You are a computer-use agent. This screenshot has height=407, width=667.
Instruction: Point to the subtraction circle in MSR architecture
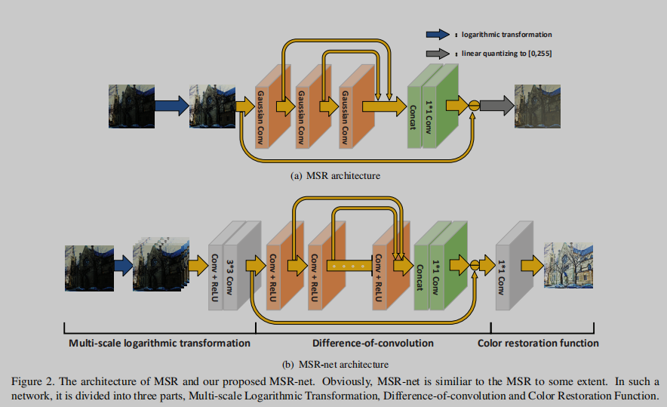click(x=474, y=106)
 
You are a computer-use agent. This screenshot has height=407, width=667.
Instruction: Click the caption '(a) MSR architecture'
click(x=334, y=175)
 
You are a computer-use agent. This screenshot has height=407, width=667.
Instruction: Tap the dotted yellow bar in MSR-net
click(x=348, y=266)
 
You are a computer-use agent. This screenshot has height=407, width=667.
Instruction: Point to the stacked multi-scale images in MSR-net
click(x=158, y=266)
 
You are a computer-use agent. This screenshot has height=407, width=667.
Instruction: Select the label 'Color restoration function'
click(x=539, y=343)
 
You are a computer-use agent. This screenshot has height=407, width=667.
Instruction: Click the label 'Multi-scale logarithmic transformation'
click(x=159, y=343)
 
